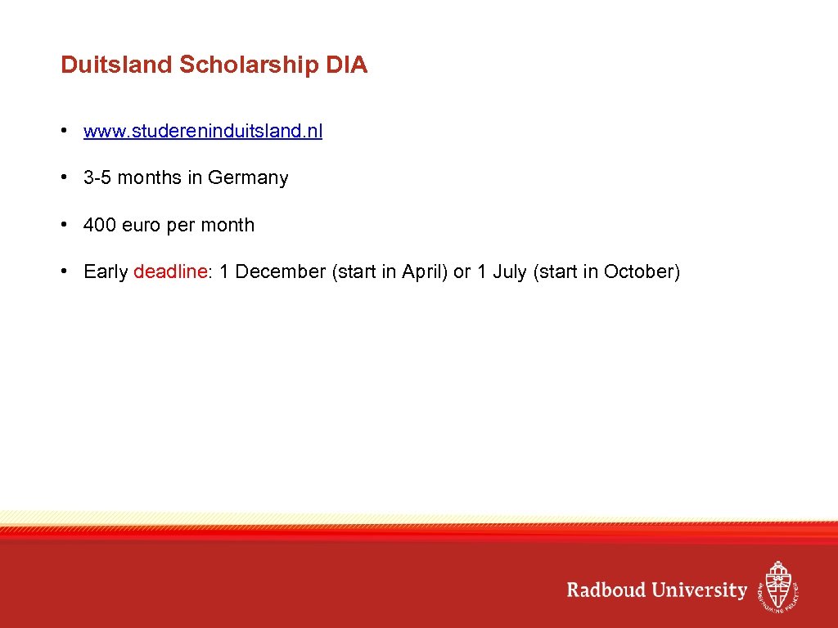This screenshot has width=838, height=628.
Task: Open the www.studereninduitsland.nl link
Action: click(203, 131)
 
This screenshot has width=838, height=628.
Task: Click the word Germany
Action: click(248, 178)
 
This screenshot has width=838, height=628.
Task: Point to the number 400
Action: click(100, 225)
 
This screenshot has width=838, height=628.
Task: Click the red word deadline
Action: click(170, 271)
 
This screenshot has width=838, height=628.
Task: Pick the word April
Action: click(423, 271)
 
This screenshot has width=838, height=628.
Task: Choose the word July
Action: click(509, 271)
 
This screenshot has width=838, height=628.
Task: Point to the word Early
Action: click(106, 271)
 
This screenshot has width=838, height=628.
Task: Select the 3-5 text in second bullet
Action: click(98, 178)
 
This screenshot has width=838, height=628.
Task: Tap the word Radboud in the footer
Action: click(606, 590)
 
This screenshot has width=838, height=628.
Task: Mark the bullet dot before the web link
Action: click(63, 131)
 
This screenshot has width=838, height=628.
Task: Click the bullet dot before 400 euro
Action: click(63, 225)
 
